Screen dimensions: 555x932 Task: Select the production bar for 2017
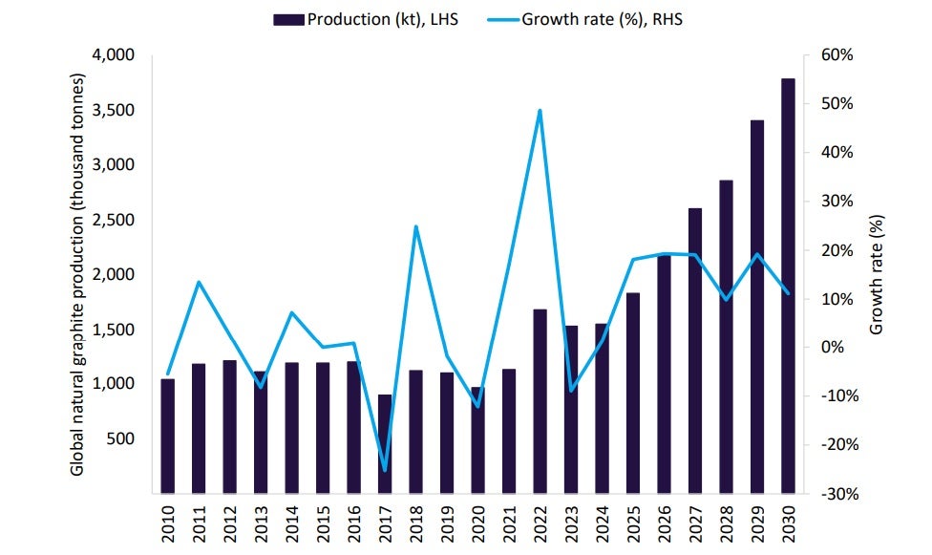[x=385, y=444]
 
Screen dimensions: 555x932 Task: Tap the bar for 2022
[x=540, y=401]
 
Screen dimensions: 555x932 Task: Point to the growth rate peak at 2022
[x=540, y=111]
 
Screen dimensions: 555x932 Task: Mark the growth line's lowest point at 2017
[x=385, y=470]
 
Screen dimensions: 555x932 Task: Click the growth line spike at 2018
[x=415, y=227]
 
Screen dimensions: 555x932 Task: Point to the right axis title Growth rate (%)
[x=878, y=274]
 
